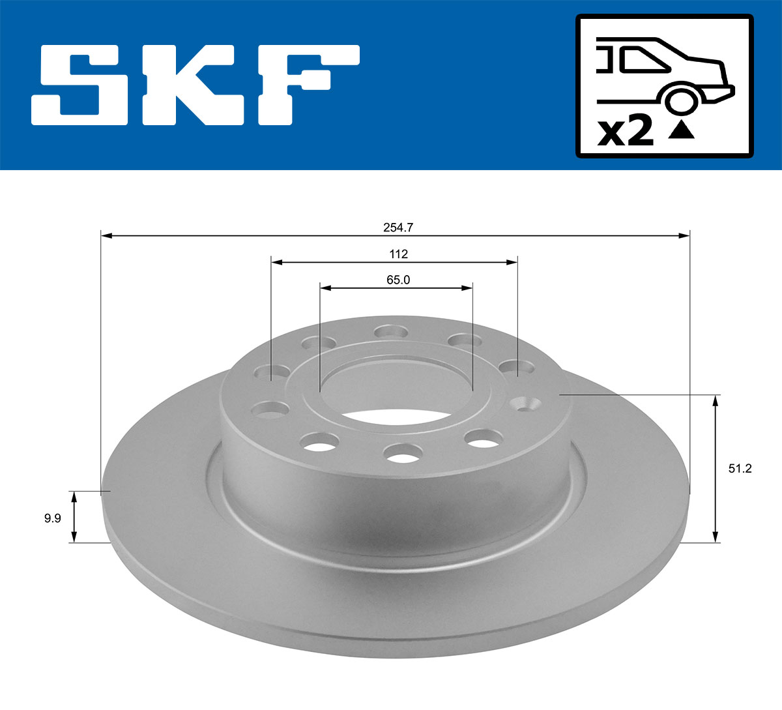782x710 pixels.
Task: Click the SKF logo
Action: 195,85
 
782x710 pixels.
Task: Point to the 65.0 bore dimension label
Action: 398,280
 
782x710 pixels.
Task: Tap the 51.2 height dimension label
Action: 740,468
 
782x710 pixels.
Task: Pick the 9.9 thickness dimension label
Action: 52,518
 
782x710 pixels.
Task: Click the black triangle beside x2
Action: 682,130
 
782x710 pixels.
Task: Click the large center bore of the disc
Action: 396,391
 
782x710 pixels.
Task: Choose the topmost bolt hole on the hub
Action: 391,333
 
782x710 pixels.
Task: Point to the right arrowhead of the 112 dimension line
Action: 512,262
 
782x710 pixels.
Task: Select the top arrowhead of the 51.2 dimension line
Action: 716,400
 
